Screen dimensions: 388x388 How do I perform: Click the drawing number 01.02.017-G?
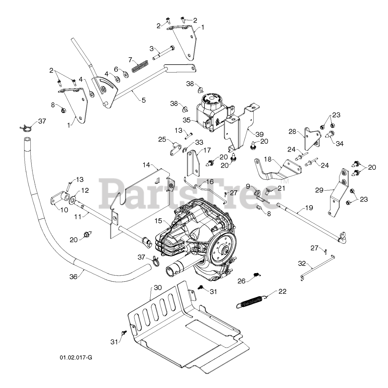[x=76, y=357]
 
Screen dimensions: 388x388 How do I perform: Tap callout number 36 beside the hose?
[x=73, y=276]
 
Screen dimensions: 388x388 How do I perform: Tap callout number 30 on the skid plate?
[x=158, y=287]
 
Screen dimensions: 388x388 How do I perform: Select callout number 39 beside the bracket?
[x=259, y=134]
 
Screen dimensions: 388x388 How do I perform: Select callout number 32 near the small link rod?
[x=302, y=263]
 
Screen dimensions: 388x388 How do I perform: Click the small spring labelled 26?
[x=256, y=275]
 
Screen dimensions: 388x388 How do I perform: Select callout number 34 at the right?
[x=339, y=144]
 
